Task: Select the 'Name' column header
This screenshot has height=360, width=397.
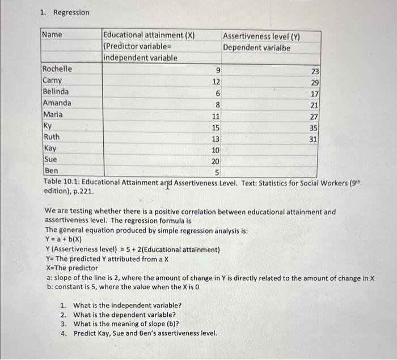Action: click(x=52, y=35)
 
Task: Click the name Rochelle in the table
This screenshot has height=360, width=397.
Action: click(x=57, y=69)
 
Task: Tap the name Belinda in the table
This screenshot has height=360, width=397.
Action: click(x=56, y=92)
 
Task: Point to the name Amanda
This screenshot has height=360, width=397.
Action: click(x=57, y=103)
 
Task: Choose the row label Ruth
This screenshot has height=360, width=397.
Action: click(x=52, y=137)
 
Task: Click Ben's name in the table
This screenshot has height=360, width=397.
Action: click(x=51, y=170)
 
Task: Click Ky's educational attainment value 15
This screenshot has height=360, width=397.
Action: click(x=216, y=128)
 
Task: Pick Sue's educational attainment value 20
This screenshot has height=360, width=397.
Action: click(x=216, y=160)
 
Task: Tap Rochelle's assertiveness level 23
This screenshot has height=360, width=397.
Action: click(x=315, y=71)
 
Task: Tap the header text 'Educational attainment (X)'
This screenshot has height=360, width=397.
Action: click(x=149, y=35)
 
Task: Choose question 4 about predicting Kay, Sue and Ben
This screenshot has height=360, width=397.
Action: click(x=145, y=333)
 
